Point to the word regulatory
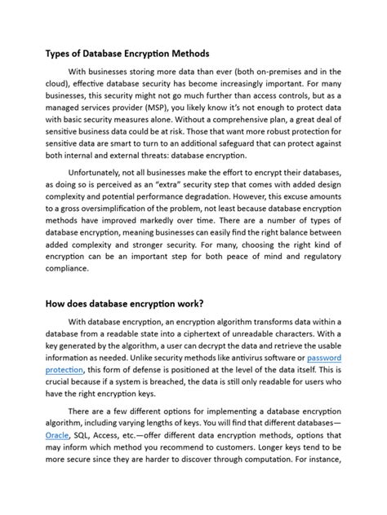tap(314, 260)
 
